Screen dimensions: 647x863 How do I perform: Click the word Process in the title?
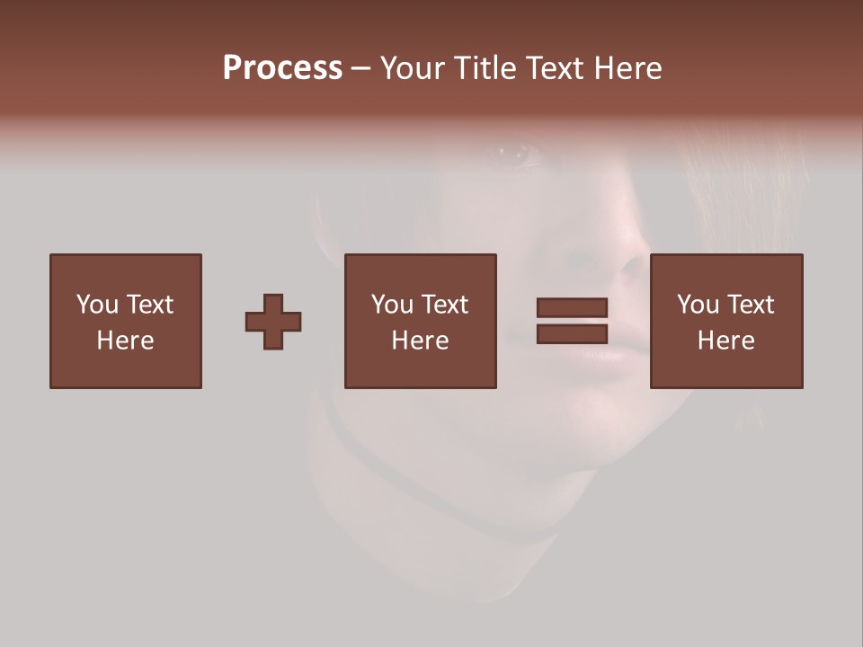pos(282,67)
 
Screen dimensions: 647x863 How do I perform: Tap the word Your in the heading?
pos(414,68)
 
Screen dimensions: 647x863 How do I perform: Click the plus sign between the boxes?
pos(273,322)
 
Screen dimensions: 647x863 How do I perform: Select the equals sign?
pos(572,321)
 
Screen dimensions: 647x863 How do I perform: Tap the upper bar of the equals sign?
pos(572,308)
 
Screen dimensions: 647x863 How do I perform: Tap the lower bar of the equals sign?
pos(572,333)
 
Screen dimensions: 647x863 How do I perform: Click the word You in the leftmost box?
pos(97,305)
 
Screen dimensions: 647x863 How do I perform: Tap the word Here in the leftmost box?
pos(125,341)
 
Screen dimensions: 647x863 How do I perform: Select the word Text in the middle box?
pos(444,305)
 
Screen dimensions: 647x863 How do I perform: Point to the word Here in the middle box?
pos(420,341)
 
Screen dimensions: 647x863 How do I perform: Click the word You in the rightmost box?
pos(698,305)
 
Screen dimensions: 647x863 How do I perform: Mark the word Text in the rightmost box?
pos(750,305)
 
